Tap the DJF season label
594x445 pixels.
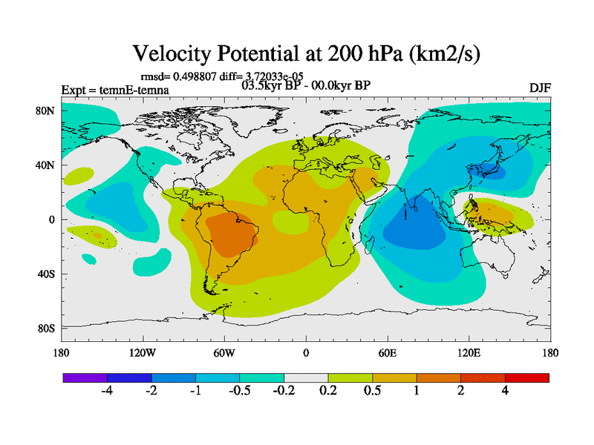pyautogui.click(x=540, y=88)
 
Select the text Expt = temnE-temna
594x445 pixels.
pyautogui.click(x=114, y=90)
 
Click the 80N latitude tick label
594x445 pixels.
pyautogui.click(x=46, y=111)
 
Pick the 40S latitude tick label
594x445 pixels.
pyautogui.click(x=46, y=274)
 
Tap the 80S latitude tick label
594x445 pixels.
pyautogui.click(x=46, y=328)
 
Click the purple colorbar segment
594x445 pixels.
pyautogui.click(x=85, y=378)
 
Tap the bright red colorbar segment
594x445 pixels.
pyautogui.click(x=527, y=378)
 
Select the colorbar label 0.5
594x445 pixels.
pyautogui.click(x=372, y=392)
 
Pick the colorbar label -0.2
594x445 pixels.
pyautogui.click(x=283, y=392)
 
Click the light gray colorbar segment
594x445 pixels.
pyautogui.click(x=306, y=378)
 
